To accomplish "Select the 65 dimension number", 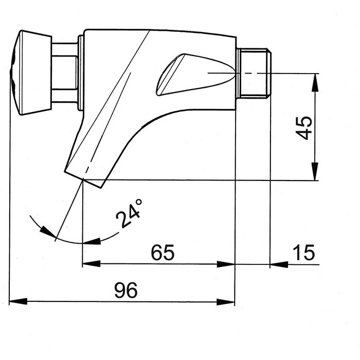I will tap(163, 253).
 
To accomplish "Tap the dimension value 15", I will tap(303, 253).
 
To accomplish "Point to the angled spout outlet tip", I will tap(85, 177).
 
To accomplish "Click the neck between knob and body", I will tap(65, 73).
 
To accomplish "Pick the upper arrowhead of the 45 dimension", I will tap(314, 77).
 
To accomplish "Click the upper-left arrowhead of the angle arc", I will tap(49, 234).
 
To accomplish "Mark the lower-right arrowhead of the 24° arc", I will tap(93, 240).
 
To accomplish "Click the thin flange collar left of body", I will tap(80, 73).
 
